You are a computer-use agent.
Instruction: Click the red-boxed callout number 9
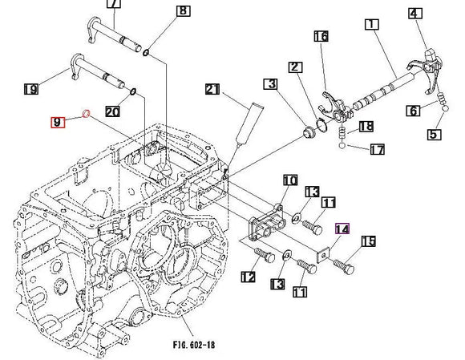tap(58, 122)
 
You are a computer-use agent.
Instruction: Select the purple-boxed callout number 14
tap(342, 229)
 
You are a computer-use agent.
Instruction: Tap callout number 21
tap(212, 89)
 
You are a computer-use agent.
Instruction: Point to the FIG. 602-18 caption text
tap(194, 345)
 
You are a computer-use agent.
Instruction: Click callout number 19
tap(31, 89)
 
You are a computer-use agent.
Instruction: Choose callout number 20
tap(113, 111)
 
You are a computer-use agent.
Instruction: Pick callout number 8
tap(184, 11)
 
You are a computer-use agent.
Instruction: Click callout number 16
tap(321, 36)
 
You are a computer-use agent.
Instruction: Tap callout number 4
tap(415, 14)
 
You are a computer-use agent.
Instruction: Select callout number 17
tap(378, 149)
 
